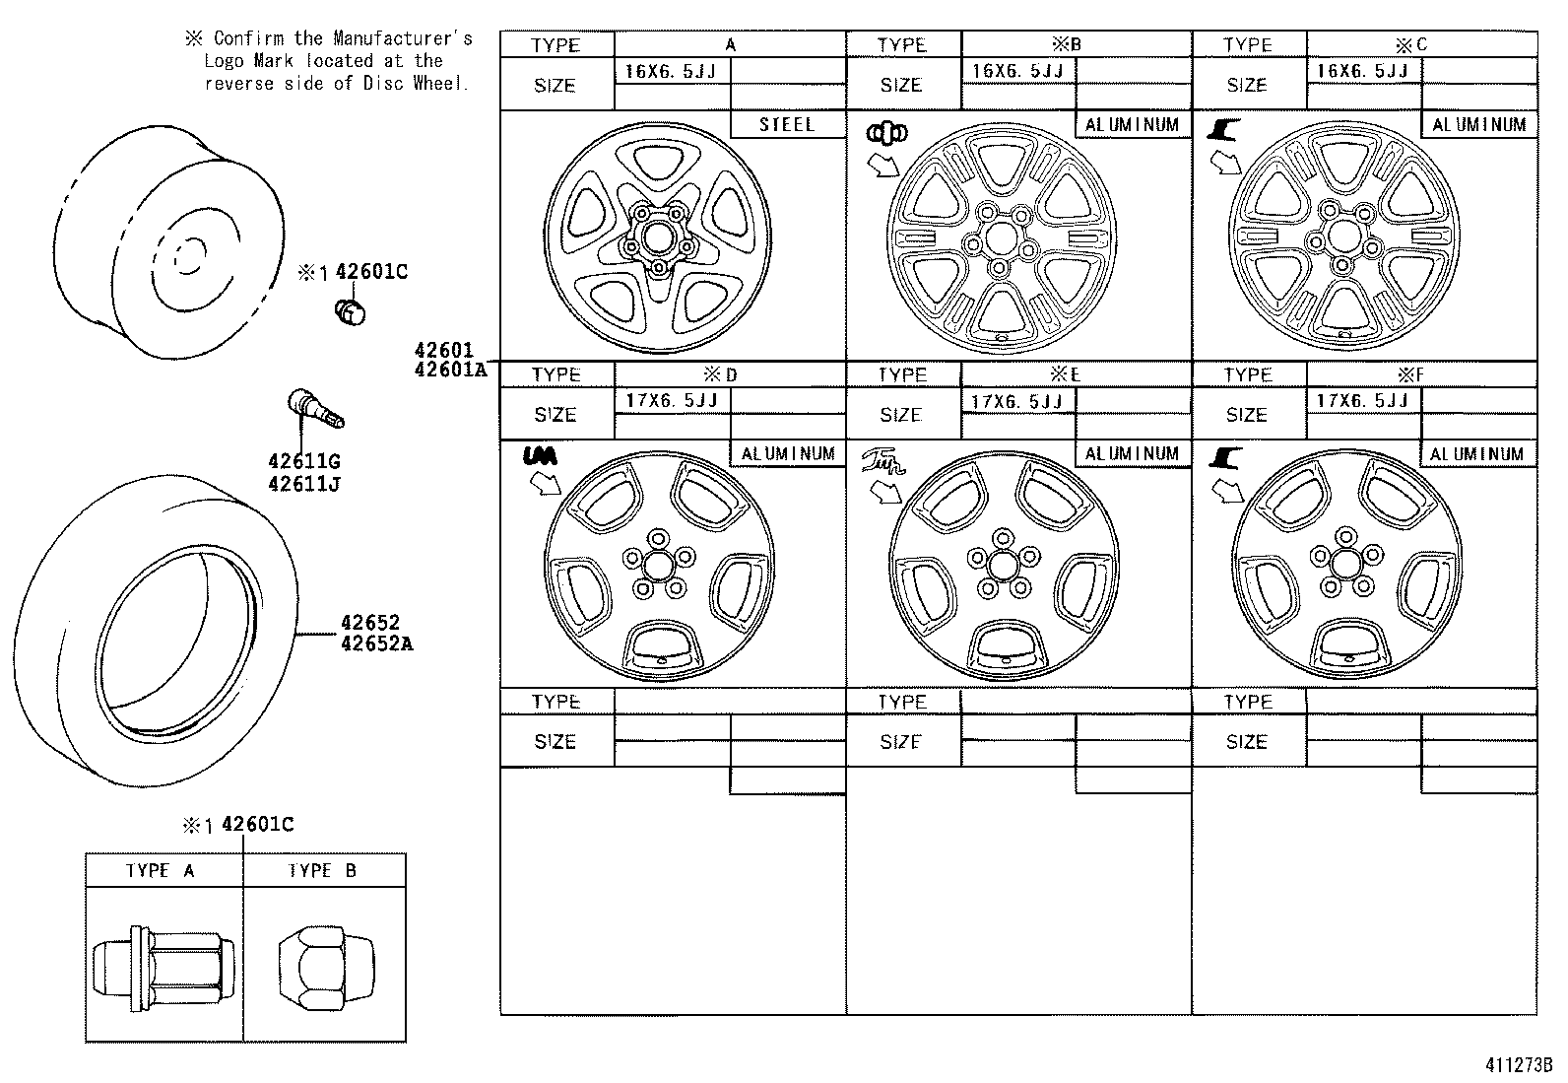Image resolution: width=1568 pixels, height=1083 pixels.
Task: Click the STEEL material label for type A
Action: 787,125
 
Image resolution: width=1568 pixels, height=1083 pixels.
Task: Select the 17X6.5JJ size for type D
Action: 672,400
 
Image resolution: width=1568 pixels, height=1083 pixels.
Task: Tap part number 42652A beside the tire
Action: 376,644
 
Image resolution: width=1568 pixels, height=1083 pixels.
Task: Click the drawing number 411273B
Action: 1518,1065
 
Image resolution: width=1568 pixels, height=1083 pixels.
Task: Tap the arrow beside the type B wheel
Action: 883,163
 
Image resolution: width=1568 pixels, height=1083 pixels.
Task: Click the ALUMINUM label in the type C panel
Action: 1478,125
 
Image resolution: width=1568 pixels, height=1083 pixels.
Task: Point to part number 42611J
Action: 303,484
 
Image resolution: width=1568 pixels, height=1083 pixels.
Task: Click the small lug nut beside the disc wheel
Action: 350,312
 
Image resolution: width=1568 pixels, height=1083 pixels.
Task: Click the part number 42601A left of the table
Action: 450,370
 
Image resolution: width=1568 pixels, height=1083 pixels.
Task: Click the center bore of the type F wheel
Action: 1344,564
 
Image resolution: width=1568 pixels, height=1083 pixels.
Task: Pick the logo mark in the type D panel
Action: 539,455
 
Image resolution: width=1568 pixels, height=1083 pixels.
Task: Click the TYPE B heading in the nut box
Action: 323,871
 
